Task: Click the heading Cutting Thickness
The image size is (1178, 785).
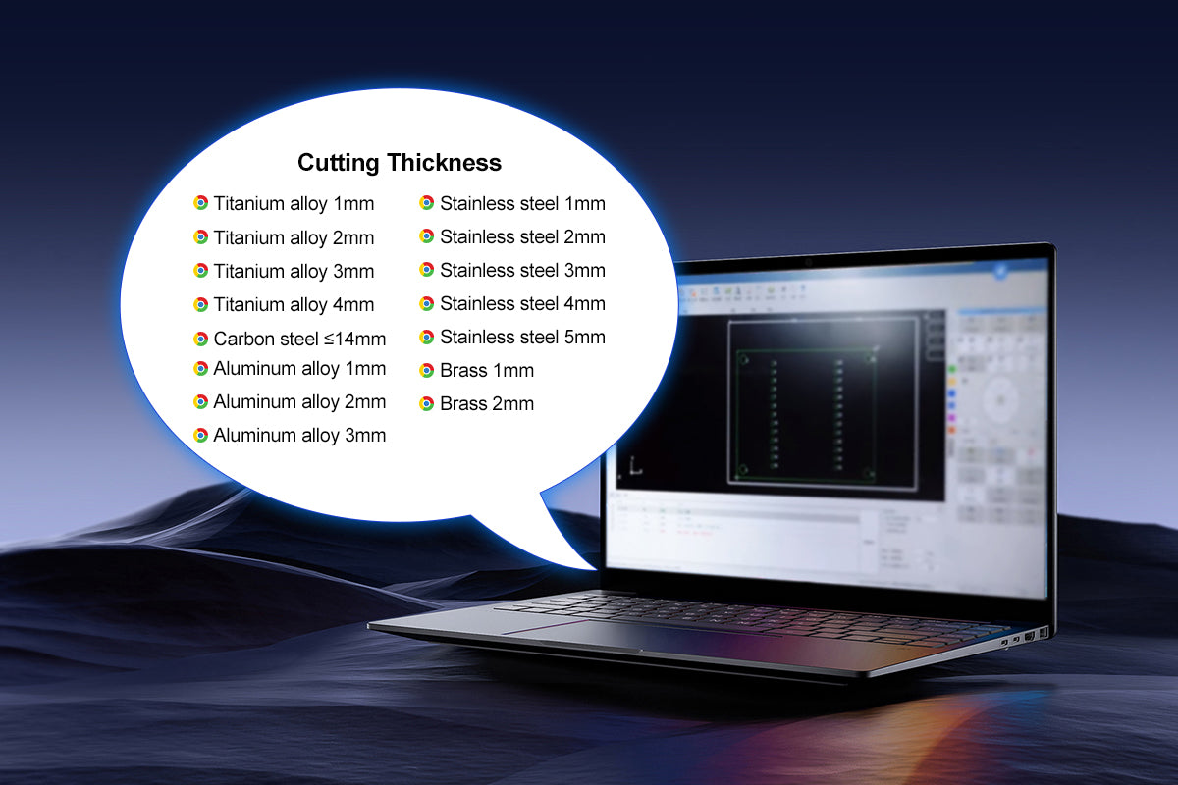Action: [400, 162]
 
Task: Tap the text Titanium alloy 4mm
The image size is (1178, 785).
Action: [294, 304]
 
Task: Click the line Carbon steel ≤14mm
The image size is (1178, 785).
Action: [299, 340]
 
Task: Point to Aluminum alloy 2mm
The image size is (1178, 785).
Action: [299, 401]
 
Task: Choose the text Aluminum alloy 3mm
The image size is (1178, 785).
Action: [299, 435]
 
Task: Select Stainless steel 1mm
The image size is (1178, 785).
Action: [522, 204]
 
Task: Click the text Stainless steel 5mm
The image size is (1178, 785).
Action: [522, 337]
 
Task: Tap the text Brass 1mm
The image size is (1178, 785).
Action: [487, 371]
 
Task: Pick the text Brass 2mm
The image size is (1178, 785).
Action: [487, 403]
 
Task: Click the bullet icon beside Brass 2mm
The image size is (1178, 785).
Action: [427, 403]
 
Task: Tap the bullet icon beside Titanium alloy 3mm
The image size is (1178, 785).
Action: [201, 270]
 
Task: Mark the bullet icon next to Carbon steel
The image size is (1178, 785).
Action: [201, 340]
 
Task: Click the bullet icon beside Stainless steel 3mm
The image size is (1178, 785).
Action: [427, 270]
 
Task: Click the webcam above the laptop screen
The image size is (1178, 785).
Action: [808, 262]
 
